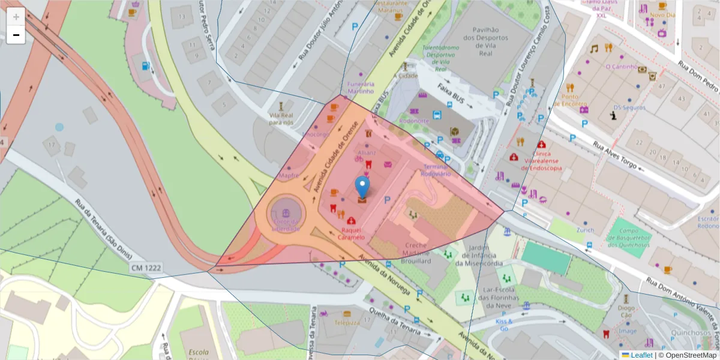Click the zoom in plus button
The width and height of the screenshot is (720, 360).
click(16, 17)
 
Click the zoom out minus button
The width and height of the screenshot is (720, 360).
click(16, 35)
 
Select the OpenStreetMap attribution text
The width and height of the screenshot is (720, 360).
click(691, 355)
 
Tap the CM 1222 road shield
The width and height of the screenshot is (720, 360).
click(145, 268)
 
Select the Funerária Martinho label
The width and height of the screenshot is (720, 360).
click(360, 88)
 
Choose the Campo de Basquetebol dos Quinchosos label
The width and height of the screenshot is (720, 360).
click(629, 238)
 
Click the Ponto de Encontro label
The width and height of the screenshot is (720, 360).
click(574, 100)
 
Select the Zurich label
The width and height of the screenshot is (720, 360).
click(585, 230)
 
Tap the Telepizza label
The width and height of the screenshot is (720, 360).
click(347, 322)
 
